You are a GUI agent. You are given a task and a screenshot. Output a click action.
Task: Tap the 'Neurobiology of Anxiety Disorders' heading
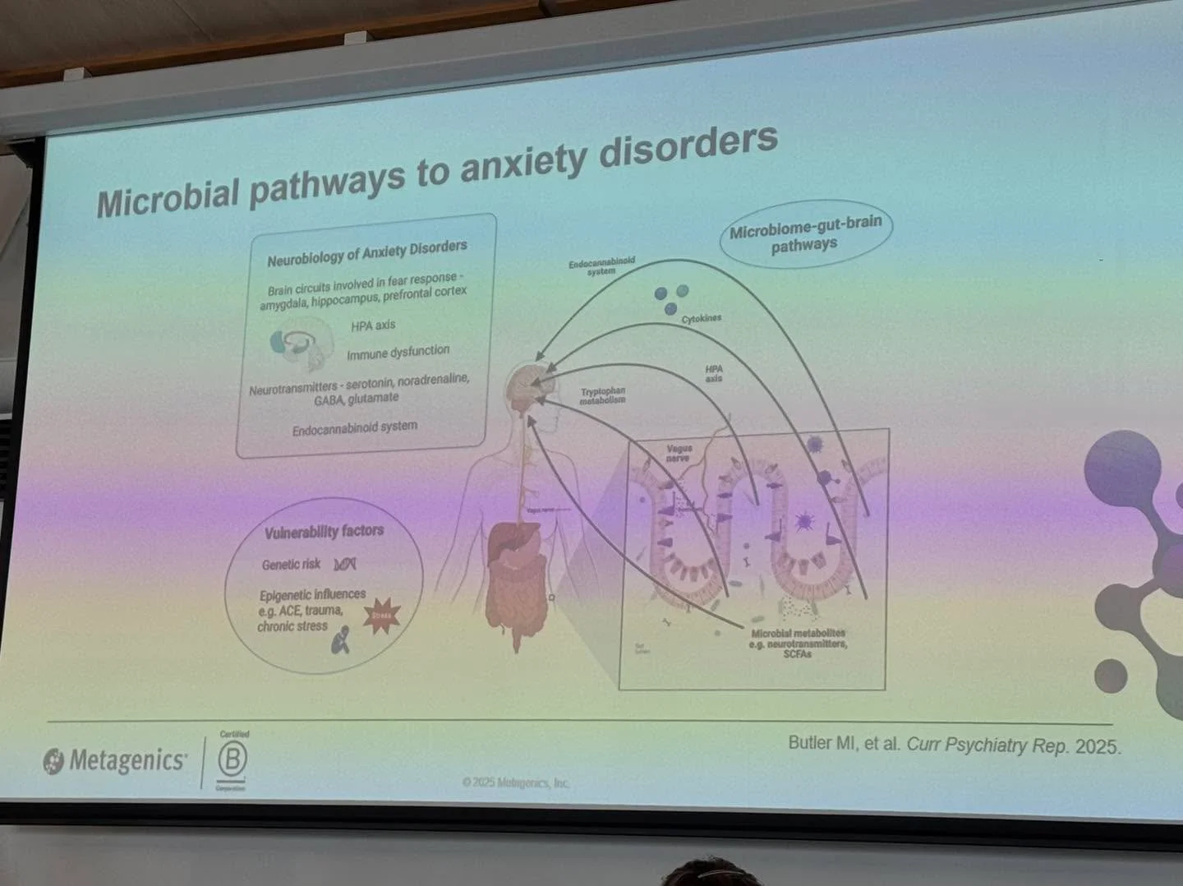pos(366,252)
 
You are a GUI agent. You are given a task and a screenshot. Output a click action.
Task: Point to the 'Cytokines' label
pos(701,319)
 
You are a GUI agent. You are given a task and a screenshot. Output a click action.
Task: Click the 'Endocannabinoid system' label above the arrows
pos(601,265)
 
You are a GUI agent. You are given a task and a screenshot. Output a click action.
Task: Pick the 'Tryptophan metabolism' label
pos(602,395)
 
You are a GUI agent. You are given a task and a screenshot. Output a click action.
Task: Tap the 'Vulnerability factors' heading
pos(324,532)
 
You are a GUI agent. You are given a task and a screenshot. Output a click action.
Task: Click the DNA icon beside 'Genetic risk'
pos(345,564)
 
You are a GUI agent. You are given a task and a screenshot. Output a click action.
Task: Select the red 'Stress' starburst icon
pos(381,615)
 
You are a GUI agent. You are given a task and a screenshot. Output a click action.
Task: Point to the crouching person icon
pos(340,639)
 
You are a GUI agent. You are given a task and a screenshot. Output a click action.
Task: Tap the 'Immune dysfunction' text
pos(398,353)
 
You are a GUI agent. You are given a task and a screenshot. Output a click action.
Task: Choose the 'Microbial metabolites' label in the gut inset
pos(797,643)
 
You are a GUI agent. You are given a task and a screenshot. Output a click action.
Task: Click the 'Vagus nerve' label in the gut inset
pos(679,453)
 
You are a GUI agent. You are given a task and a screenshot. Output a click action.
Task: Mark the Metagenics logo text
pos(127,760)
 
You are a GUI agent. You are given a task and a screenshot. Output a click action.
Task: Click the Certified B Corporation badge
pos(232,760)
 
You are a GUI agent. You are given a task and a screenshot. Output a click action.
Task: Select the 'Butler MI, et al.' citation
pos(953,745)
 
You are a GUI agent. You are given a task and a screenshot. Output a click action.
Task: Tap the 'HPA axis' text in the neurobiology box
pos(373,325)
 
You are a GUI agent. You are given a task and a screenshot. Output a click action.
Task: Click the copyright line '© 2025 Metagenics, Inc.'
pos(515,782)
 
